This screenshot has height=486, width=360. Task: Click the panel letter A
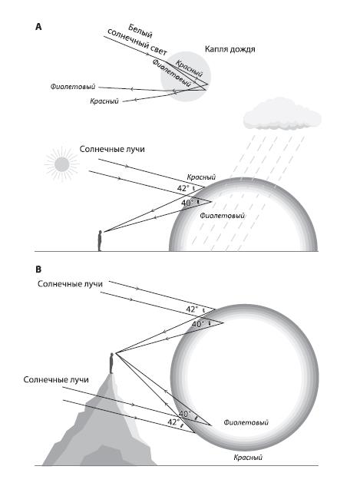[x=38, y=27]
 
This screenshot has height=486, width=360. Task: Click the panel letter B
[x=38, y=269]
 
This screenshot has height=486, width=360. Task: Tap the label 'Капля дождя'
[x=230, y=49]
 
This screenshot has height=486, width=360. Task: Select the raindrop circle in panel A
[x=186, y=77]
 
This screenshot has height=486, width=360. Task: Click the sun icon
[x=61, y=164]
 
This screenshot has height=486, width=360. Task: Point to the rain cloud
[x=282, y=114]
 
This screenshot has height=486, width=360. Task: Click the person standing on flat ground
[x=100, y=240]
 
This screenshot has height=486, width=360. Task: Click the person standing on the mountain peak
[x=111, y=363]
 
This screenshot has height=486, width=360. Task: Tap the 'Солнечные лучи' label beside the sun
[x=112, y=149]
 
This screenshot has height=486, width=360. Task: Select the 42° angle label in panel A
[x=183, y=188]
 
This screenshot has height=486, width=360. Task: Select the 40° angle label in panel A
[x=187, y=203]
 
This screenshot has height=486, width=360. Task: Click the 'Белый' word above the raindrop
[x=140, y=31]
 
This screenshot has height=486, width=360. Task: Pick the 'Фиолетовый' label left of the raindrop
[x=73, y=87]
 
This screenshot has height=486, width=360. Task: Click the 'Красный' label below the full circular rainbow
[x=248, y=458]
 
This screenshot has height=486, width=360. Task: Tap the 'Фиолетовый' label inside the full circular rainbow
[x=246, y=422]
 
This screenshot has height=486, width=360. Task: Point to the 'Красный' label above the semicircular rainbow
[x=201, y=177]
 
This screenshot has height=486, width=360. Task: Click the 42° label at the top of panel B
[x=192, y=309]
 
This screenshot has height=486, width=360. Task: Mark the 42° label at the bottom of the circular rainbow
[x=173, y=422]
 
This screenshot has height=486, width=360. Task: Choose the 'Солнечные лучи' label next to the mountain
[x=56, y=380]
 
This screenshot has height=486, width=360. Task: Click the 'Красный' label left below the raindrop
[x=104, y=101]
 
